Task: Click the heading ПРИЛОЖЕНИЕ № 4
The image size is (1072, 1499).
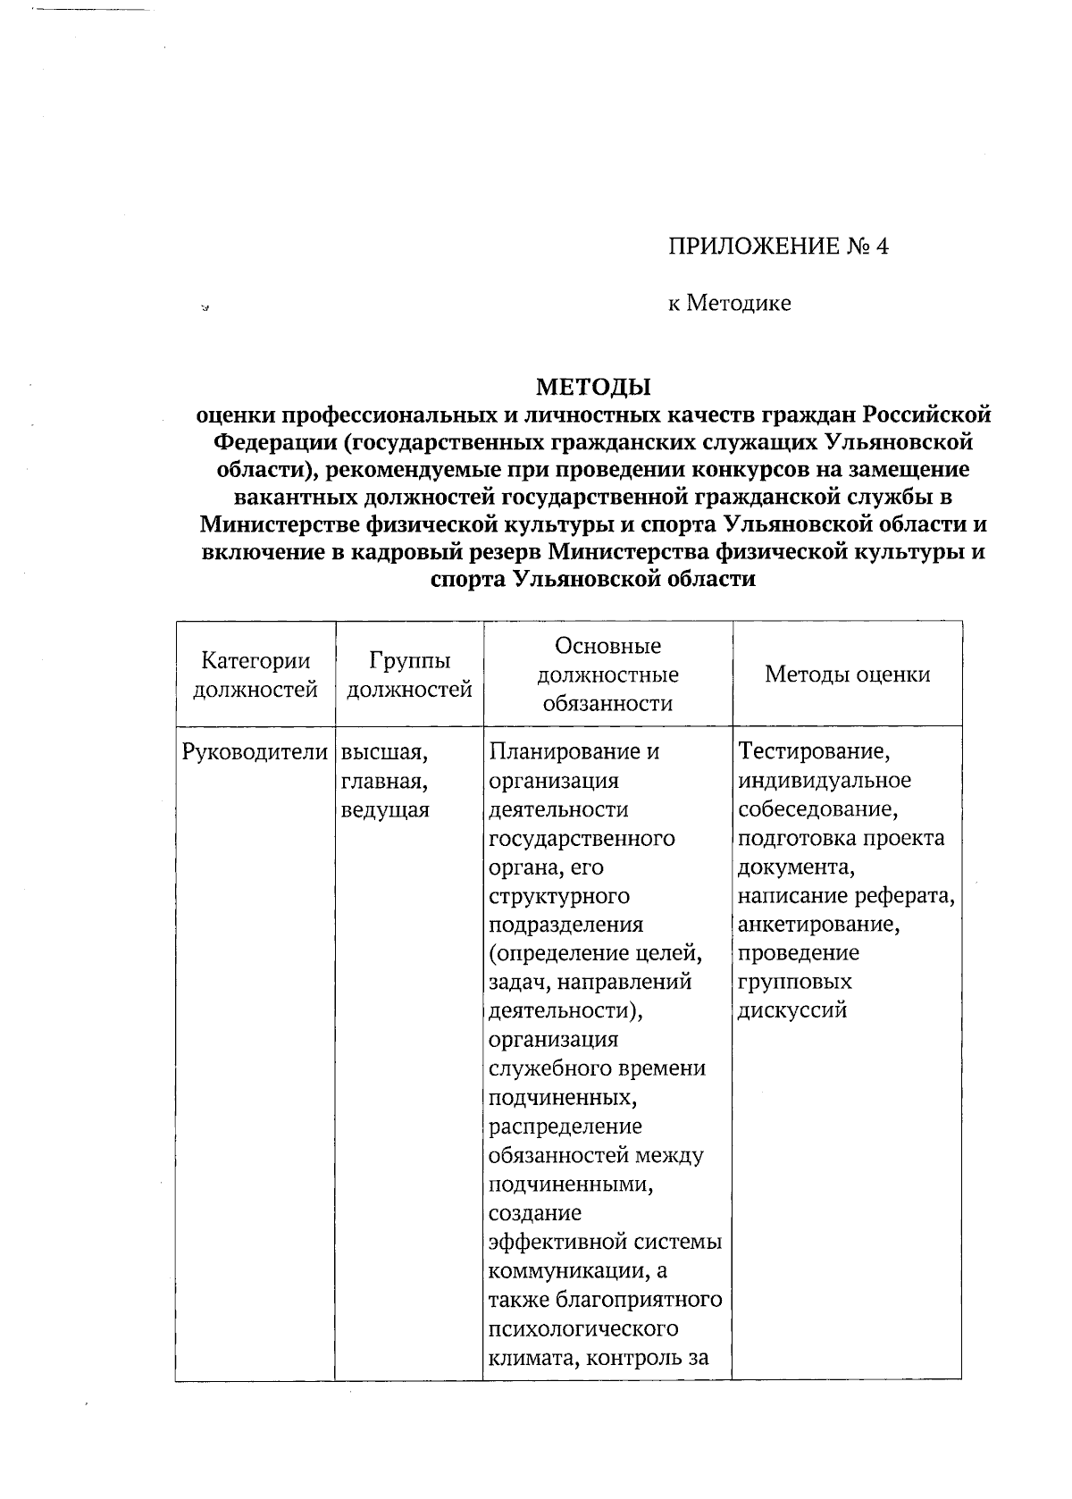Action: click(778, 247)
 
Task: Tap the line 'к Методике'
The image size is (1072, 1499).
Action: click(730, 304)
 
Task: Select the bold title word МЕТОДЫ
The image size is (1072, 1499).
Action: click(593, 387)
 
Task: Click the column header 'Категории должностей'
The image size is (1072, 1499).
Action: click(255, 674)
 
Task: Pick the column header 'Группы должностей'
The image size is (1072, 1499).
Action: click(409, 674)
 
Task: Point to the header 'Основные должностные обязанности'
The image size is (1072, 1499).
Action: click(607, 674)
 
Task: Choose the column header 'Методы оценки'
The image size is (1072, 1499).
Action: click(847, 674)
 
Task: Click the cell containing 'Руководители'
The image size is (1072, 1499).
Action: click(255, 752)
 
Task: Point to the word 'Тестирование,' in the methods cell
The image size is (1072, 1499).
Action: click(814, 752)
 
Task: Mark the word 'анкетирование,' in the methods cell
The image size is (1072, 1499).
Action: click(818, 924)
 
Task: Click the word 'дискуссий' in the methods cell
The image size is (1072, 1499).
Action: click(791, 1010)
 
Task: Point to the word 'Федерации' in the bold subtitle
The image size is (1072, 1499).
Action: click(272, 442)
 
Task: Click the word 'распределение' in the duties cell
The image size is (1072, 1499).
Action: click(565, 1126)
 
